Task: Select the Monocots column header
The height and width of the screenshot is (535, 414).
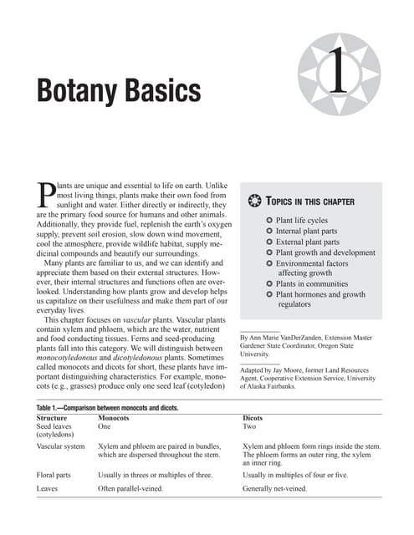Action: pos(113,416)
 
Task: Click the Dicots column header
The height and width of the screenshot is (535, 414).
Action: pos(253,416)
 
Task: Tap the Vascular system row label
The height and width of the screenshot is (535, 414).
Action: pos(61,447)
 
